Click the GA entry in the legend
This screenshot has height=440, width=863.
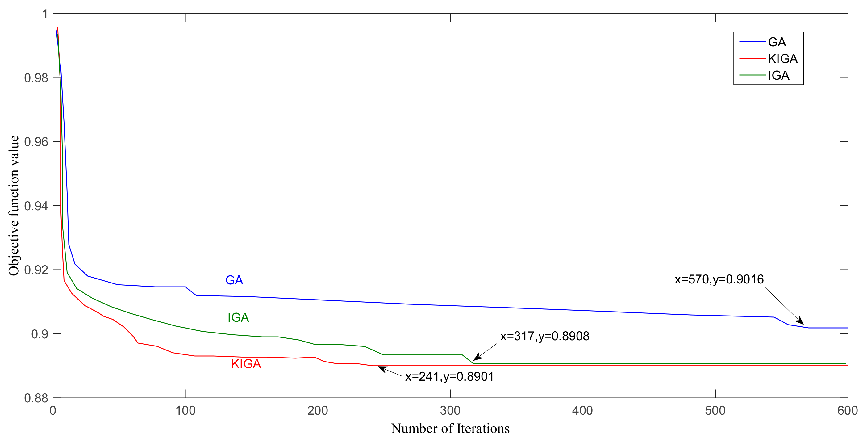pos(777,42)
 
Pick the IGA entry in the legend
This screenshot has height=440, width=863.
pos(778,75)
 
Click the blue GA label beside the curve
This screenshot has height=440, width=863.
pos(234,280)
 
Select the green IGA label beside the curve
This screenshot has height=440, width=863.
pos(238,317)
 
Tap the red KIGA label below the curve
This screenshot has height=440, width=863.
pos(246,364)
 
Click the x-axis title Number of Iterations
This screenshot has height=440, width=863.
pos(450,429)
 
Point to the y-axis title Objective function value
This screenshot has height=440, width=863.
pos(14,206)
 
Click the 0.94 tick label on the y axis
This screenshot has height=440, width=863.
pos(36,206)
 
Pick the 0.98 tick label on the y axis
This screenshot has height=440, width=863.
pos(36,78)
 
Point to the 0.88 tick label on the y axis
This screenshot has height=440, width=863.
pos(36,398)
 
